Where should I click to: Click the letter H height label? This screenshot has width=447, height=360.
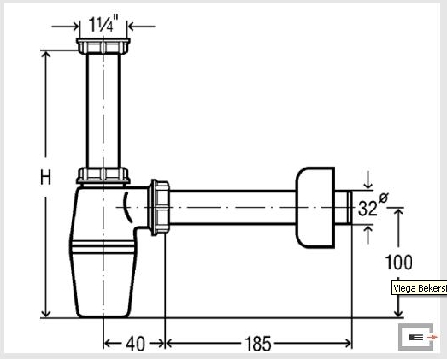45,177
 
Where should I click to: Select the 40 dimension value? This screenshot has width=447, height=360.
135,344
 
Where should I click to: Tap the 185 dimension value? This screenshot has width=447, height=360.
258,344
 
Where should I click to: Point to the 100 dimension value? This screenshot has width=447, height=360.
398,263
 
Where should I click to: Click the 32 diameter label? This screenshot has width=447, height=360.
368,209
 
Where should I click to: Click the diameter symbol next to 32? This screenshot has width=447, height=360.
384,198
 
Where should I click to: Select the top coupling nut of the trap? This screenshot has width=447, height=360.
103,46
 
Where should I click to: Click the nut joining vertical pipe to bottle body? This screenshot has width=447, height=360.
103,175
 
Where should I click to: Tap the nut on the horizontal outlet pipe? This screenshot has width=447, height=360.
159,208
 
